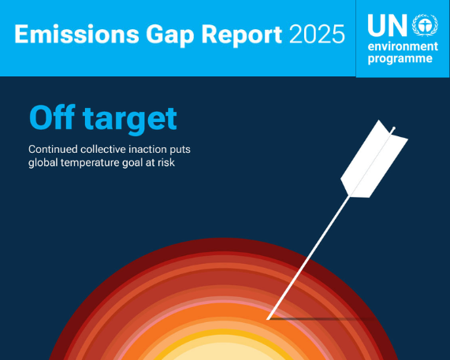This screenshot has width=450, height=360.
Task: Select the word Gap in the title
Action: click(x=161, y=35)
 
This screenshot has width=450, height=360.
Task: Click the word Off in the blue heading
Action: click(x=53, y=118)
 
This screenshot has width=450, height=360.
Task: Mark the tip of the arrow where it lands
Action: click(x=269, y=318)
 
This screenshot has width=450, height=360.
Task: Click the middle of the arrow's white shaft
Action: click(x=311, y=251)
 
